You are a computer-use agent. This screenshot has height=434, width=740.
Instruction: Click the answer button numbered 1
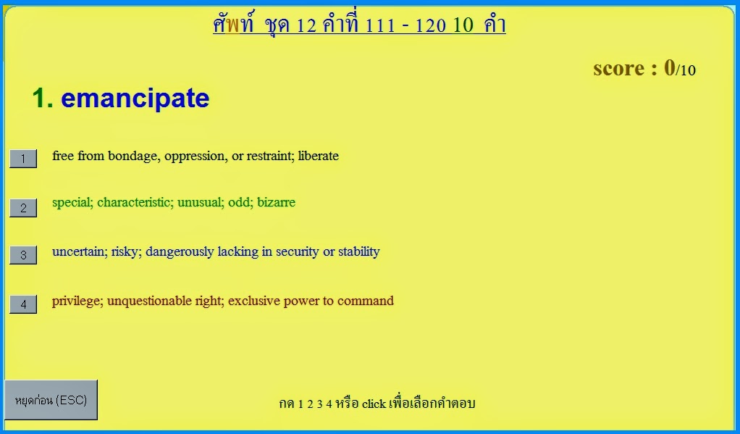(23, 159)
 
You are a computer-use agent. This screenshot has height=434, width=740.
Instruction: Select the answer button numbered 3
(23, 255)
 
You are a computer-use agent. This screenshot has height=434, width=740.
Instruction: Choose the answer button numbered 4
(23, 304)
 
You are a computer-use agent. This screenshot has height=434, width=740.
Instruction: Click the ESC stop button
(51, 400)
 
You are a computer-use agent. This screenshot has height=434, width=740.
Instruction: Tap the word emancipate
(135, 99)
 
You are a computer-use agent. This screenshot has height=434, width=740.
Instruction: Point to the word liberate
(319, 156)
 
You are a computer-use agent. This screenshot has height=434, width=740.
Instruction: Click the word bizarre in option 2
(276, 202)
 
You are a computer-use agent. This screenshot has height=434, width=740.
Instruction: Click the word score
(618, 69)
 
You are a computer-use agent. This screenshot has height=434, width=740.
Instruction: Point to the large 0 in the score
(670, 67)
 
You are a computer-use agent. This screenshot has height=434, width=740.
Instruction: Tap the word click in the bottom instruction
(374, 404)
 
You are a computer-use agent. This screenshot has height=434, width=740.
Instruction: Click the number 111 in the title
(380, 25)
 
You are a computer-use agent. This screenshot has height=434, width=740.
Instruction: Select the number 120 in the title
(430, 25)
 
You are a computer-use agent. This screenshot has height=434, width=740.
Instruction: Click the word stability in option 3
(358, 251)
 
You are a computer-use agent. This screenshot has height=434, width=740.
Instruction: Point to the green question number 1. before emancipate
(43, 99)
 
